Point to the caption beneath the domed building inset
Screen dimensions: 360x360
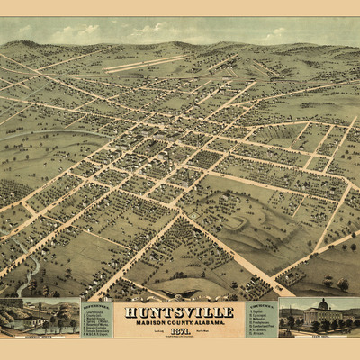click(x=319, y=335)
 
